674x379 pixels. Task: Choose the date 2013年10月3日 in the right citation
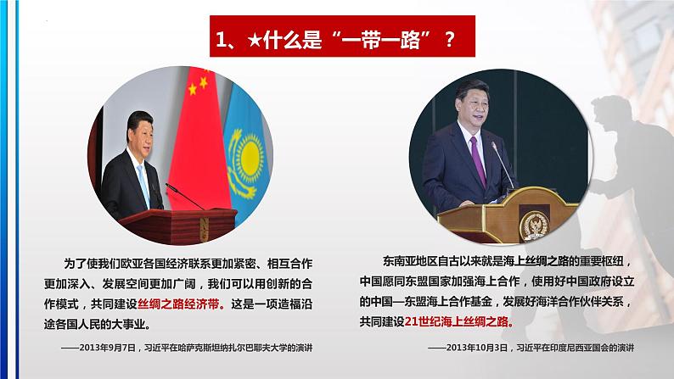[465, 348]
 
